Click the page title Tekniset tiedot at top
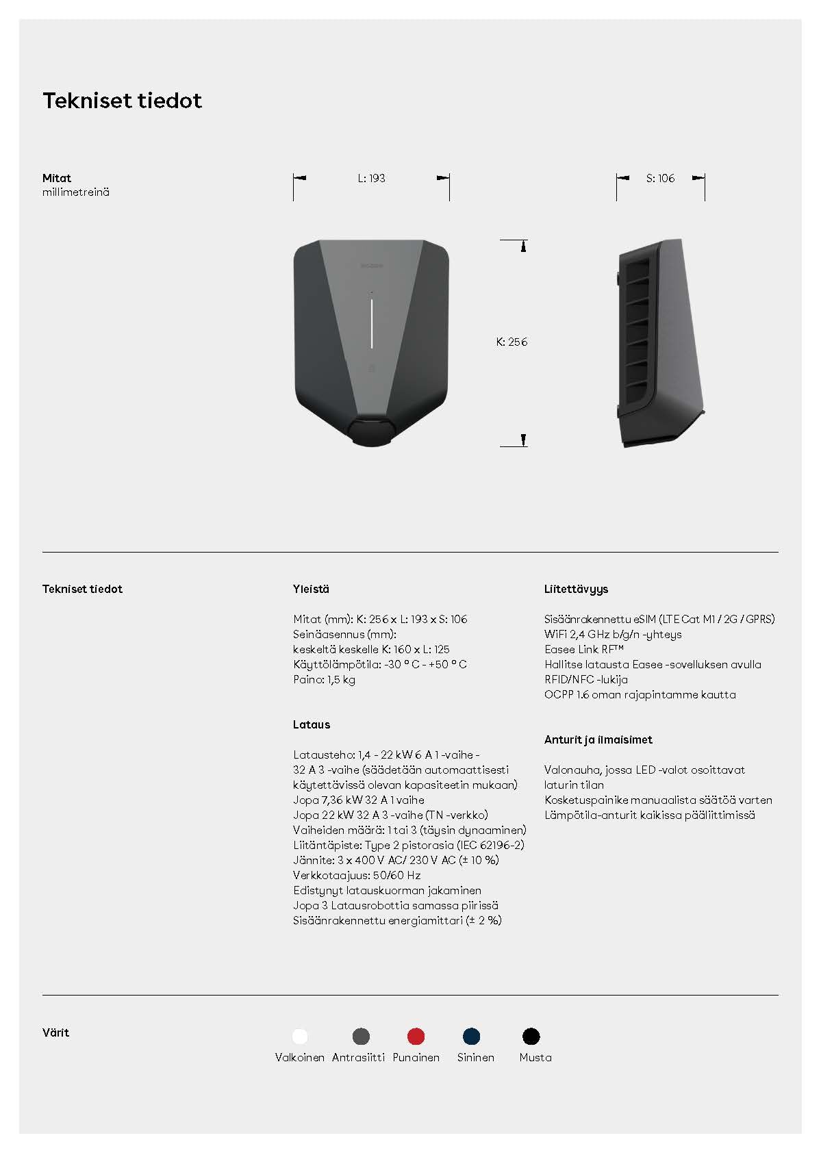click(x=122, y=101)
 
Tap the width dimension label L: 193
click(x=371, y=178)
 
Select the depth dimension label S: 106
click(x=660, y=178)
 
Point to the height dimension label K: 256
click(x=511, y=342)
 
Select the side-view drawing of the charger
click(x=660, y=342)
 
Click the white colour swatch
click(x=300, y=1036)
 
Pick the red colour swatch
click(x=416, y=1036)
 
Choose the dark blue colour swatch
click(x=472, y=1036)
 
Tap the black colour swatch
click(x=531, y=1036)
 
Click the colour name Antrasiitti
click(x=358, y=1057)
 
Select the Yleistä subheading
click(x=311, y=589)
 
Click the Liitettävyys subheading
click(x=576, y=589)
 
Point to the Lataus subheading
click(x=312, y=724)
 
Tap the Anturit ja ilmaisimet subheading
click(x=598, y=739)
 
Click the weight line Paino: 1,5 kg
click(x=324, y=679)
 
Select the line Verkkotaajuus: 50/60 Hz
click(x=357, y=875)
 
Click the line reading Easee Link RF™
click(x=584, y=649)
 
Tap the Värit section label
click(x=55, y=1032)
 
